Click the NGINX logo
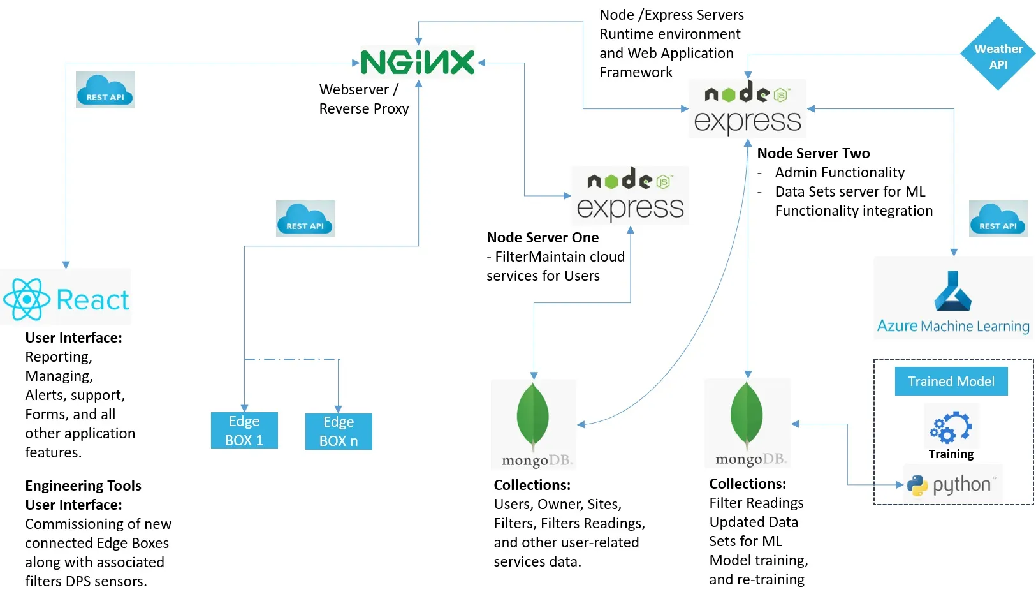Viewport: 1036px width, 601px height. [418, 63]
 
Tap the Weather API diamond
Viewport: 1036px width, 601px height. [998, 56]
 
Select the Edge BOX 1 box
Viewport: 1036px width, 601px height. [244, 431]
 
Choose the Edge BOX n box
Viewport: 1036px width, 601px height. [339, 432]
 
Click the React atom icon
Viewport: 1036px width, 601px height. [27, 299]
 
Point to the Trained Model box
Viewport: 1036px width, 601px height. [951, 382]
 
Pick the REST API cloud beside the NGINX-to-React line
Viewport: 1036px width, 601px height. [105, 90]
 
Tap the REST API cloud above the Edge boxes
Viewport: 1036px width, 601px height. [305, 219]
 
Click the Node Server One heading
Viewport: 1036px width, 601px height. [543, 237]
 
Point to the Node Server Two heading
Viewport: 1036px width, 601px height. [813, 153]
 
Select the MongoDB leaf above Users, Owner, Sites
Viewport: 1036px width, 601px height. [533, 415]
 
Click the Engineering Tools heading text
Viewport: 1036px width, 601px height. [83, 486]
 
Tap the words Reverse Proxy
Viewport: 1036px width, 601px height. [364, 108]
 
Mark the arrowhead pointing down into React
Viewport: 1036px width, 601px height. [66, 265]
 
